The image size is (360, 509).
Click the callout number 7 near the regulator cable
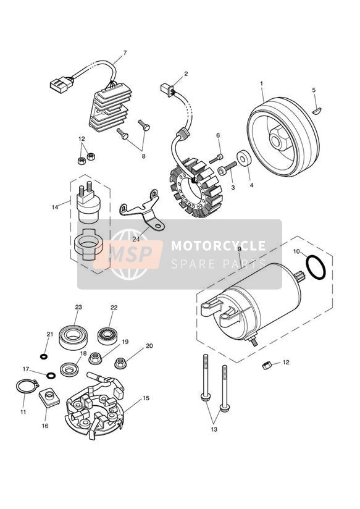(x=125, y=53)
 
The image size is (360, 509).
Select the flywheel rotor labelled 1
(x=283, y=137)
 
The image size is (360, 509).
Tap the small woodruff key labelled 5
(x=317, y=111)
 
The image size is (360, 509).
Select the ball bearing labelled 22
(x=107, y=335)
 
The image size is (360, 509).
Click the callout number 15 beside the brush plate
(x=146, y=398)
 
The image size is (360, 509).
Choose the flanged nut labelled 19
(x=95, y=358)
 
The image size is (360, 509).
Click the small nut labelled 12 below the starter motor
(x=267, y=366)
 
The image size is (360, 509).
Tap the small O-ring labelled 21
(x=43, y=357)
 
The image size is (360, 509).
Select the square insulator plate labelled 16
(x=49, y=397)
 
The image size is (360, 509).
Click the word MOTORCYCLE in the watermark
(x=218, y=246)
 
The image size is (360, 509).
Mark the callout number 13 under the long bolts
(x=214, y=429)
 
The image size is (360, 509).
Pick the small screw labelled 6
(x=216, y=159)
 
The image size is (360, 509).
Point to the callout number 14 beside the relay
(x=55, y=207)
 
